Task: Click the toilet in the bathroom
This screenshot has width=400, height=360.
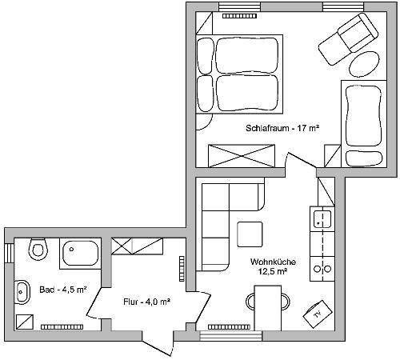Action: point(38,249)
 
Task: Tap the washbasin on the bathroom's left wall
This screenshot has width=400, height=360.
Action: point(22,292)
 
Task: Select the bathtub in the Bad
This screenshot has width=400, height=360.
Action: point(80,253)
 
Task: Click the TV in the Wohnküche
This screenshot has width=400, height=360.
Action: point(318,314)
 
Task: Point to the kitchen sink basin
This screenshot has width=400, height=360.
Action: point(322,219)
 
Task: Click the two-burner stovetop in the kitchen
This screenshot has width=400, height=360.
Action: point(322,269)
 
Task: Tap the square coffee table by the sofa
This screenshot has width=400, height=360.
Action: point(250,234)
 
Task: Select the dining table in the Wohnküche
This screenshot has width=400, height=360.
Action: point(268,308)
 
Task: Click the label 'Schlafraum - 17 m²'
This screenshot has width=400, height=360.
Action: point(282,128)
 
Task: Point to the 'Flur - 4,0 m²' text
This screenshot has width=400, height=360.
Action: point(147,302)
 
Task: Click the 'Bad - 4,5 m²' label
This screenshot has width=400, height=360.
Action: point(63,290)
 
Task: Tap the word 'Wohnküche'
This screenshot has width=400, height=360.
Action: point(273,262)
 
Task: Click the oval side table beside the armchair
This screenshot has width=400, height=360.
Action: point(364,64)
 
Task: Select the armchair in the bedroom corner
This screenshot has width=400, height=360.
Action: point(348,39)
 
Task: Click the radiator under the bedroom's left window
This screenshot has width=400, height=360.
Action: point(239,16)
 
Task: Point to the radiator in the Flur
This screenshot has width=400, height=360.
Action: point(182,269)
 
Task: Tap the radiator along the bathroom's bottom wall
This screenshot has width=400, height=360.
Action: point(62,326)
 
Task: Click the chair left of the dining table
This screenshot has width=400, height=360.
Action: point(250,302)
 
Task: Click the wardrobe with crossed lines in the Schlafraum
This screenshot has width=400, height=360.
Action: point(242,156)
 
